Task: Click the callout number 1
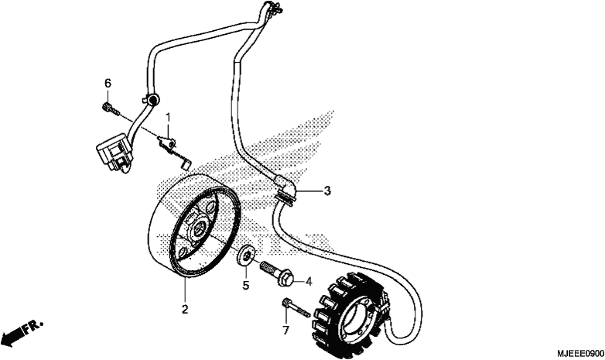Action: tap(168, 118)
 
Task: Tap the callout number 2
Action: tap(185, 309)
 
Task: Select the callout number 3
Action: tap(327, 190)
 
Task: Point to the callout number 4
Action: tap(309, 282)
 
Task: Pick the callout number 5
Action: tap(246, 286)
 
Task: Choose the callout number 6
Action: tap(108, 83)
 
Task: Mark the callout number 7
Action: tap(285, 331)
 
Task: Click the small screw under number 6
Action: tap(111, 108)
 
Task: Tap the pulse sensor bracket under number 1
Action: tap(173, 150)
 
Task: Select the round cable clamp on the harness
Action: tap(152, 100)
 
